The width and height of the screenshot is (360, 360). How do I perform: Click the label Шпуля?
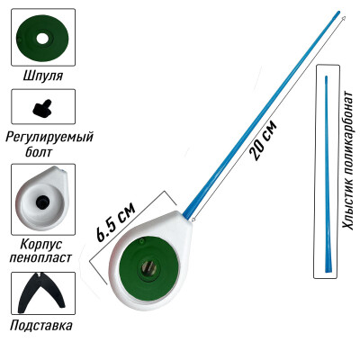click(x=43, y=76)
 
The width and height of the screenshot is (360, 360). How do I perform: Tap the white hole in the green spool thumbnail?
click(x=42, y=38)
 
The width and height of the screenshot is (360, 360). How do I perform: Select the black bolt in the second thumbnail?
click(x=42, y=108)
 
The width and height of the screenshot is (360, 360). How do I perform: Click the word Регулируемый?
click(x=49, y=138)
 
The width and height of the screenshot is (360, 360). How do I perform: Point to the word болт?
click(x=39, y=152)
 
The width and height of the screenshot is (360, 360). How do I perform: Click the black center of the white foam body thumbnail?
click(x=42, y=202)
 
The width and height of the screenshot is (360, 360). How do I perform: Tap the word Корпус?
click(x=41, y=244)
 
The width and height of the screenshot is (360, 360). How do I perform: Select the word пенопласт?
click(x=40, y=257)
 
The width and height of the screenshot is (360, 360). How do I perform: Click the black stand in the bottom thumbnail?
click(x=41, y=292)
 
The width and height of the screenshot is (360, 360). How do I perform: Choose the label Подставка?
click(x=41, y=325)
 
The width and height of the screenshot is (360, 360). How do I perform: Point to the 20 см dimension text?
click(x=263, y=140)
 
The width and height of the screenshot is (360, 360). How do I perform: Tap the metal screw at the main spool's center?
click(x=148, y=265)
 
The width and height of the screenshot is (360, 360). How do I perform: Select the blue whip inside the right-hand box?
click(x=328, y=175)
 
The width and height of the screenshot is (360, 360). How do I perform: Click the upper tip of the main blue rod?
click(x=338, y=13)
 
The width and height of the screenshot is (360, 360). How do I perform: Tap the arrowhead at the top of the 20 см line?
click(x=344, y=18)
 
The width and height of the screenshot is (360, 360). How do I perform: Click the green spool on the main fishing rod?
click(x=149, y=265)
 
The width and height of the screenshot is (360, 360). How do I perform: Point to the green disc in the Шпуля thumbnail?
click(x=42, y=38)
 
